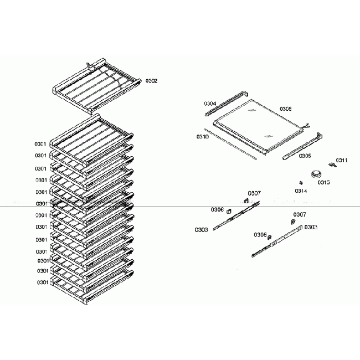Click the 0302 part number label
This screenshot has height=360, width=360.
click(x=152, y=81)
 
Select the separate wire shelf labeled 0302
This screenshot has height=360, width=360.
click(x=94, y=83)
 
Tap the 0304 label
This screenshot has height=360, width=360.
click(x=210, y=104)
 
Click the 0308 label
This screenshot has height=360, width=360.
click(x=285, y=109)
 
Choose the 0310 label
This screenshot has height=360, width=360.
click(x=202, y=136)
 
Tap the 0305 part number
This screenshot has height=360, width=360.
click(x=305, y=156)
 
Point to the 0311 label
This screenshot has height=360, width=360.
click(x=342, y=161)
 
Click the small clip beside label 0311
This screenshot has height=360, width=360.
click(x=332, y=164)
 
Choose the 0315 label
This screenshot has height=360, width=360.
click(x=324, y=182)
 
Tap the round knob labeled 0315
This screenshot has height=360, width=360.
click(x=317, y=173)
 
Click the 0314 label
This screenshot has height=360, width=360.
click(x=301, y=191)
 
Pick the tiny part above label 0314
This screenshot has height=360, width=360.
click(x=300, y=181)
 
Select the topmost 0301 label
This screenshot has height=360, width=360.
click(x=40, y=144)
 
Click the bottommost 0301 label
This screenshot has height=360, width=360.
click(x=43, y=282)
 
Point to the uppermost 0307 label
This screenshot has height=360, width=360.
click(x=254, y=193)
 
